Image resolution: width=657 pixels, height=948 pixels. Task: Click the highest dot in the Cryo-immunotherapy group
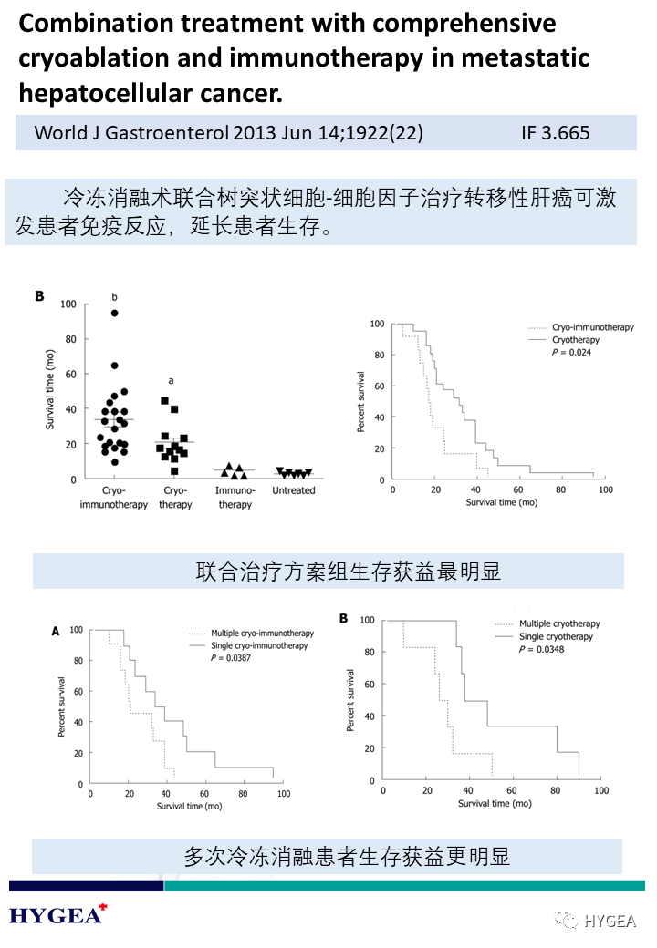(115, 314)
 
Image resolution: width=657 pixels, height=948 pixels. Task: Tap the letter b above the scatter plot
(115, 296)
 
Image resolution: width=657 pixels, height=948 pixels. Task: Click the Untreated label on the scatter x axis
(294, 490)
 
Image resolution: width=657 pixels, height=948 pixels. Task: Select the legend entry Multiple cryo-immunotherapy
(260, 633)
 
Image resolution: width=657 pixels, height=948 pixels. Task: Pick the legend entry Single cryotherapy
(556, 636)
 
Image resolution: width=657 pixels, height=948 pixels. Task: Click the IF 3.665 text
(556, 133)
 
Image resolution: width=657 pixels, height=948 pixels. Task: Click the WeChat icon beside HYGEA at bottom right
(568, 921)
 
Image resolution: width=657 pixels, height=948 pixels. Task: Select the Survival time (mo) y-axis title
(51, 393)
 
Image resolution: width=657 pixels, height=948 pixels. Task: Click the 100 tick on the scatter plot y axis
(68, 304)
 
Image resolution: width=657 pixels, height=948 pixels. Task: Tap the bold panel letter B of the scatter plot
(39, 296)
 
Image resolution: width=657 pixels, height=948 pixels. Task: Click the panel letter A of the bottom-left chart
(56, 630)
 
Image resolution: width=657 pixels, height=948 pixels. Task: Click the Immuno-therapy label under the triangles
(235, 497)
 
